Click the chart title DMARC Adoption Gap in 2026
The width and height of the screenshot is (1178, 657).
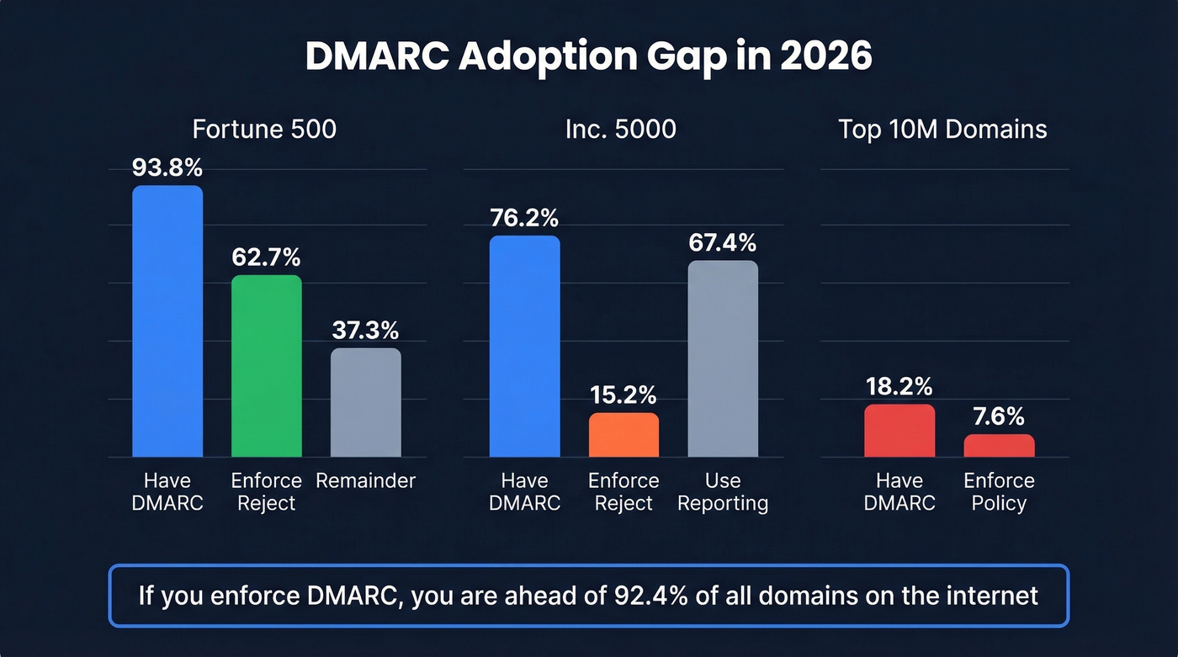tap(588, 56)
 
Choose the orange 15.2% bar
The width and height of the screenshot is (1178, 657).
tap(623, 435)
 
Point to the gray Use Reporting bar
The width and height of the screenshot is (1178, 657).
tap(723, 359)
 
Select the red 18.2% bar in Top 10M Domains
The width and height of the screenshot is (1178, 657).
tap(899, 431)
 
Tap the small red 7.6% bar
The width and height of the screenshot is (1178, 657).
tap(999, 446)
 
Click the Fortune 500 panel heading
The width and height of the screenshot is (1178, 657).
tap(264, 130)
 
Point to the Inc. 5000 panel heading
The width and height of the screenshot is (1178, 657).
tap(622, 130)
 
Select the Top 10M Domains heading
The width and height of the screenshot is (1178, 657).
tap(942, 130)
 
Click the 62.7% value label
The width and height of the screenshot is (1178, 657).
tap(266, 257)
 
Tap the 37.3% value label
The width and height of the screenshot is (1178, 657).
tap(365, 330)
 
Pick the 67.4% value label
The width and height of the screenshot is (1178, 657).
tap(723, 243)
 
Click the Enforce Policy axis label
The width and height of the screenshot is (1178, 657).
tap(999, 492)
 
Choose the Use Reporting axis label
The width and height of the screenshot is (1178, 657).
tap(723, 492)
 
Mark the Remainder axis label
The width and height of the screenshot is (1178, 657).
tap(365, 481)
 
